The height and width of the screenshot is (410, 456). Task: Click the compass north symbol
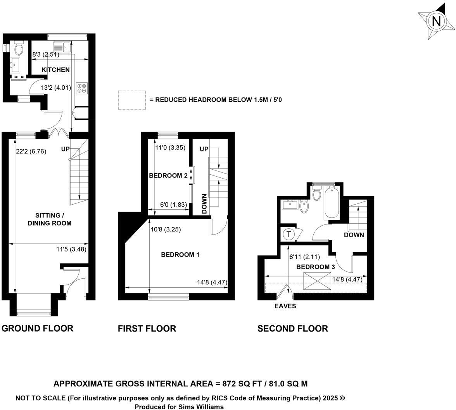(x=436, y=21)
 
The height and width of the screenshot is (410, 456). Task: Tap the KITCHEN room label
(x=56, y=70)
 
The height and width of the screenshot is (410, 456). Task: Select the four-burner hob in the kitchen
(x=82, y=88)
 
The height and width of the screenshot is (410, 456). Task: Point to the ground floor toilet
(x=18, y=49)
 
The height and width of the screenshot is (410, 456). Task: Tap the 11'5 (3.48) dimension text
(x=71, y=249)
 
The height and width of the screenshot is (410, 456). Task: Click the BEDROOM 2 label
(x=168, y=175)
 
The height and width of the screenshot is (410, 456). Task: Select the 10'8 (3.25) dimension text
(x=166, y=229)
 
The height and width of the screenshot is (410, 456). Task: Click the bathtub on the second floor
(x=332, y=203)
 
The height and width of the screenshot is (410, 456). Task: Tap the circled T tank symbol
(x=288, y=234)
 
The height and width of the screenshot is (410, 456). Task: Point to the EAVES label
(x=285, y=306)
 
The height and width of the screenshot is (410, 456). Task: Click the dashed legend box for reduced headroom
(x=132, y=100)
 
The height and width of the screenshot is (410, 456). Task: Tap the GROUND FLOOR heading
(x=38, y=328)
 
